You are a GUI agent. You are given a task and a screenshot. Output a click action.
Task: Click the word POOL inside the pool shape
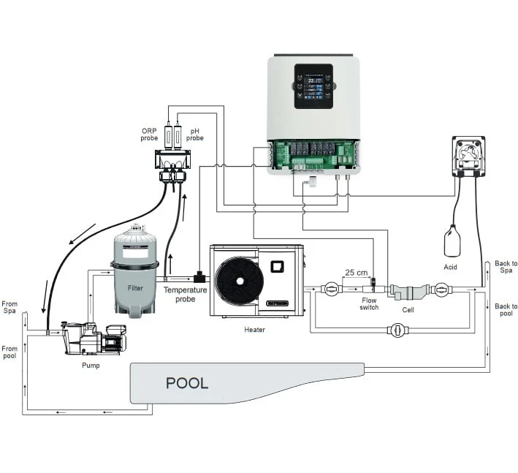point(187,382)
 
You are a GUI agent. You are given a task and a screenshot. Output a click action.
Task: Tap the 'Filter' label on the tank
point(135,287)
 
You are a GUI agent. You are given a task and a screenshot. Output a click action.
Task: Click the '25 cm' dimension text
point(357,272)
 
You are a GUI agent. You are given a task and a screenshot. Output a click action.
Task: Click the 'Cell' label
point(408,309)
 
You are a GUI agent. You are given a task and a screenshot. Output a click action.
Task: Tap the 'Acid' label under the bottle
point(450,267)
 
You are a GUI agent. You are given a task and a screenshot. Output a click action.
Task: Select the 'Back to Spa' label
point(506,267)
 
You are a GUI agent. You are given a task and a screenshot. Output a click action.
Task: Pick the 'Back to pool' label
point(506,309)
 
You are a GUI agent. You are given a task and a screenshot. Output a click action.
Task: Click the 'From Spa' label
point(10,308)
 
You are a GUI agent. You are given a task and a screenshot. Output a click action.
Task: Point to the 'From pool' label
point(10,352)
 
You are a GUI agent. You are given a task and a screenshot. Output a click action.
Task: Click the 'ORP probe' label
point(149,135)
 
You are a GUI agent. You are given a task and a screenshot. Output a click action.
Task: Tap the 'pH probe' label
point(194,135)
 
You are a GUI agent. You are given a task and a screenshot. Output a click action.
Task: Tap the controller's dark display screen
point(313,86)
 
